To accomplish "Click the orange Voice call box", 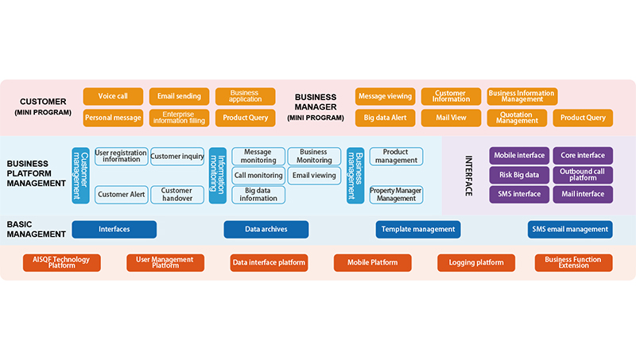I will coord(113,96).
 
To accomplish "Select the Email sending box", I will coord(179,96).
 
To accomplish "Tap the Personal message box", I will coord(113,118).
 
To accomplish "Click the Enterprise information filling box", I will coord(179,118).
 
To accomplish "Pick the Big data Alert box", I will coord(385,118).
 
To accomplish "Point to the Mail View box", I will coord(451,118).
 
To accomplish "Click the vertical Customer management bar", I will coord(80,175).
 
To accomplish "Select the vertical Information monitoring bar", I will coord(217,175).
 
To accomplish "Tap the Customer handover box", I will coord(176,194).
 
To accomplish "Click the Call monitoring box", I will coord(258,175).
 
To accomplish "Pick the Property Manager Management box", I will coord(395,194).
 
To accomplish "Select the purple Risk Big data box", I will coord(519,174).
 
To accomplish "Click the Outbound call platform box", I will coord(583,174).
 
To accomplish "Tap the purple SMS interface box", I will coord(519,194).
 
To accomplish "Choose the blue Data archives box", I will coord(266,229).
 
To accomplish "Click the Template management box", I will coord(418,229).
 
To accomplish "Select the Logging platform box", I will coord(476,262).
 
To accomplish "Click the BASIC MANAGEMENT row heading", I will coord(37,229).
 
